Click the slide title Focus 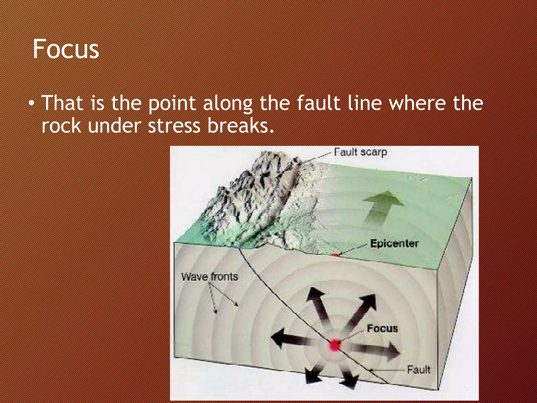(66, 49)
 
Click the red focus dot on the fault (335, 344)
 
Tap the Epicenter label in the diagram (394, 243)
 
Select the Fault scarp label (361, 152)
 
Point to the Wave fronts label (210, 277)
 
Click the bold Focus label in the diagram (382, 328)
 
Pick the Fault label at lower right (418, 370)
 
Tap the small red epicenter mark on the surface (336, 254)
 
